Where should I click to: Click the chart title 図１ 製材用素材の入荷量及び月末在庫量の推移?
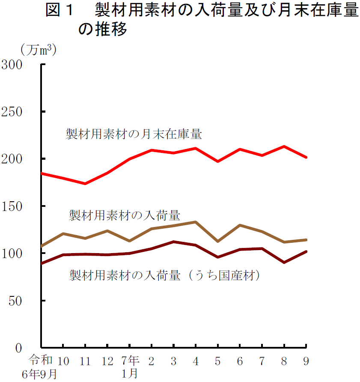pyautogui.click(x=201, y=19)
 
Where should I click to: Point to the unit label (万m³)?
pyautogui.click(x=39, y=50)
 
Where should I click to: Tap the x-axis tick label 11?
pyautogui.click(x=85, y=361)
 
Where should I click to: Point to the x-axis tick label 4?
pyautogui.click(x=196, y=361)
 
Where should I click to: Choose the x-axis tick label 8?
pyautogui.click(x=284, y=361)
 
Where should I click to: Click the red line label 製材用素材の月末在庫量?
pyautogui.click(x=133, y=134)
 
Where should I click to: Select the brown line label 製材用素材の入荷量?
pyautogui.click(x=125, y=215)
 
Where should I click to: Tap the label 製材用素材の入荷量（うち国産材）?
pyautogui.click(x=165, y=275)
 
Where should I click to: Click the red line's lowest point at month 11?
pyautogui.click(x=85, y=184)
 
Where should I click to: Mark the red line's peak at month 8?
pyautogui.click(x=284, y=146)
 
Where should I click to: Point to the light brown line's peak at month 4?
pyautogui.click(x=196, y=222)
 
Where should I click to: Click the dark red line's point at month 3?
pyautogui.click(x=173, y=242)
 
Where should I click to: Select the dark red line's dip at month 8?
pyautogui.click(x=284, y=262)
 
